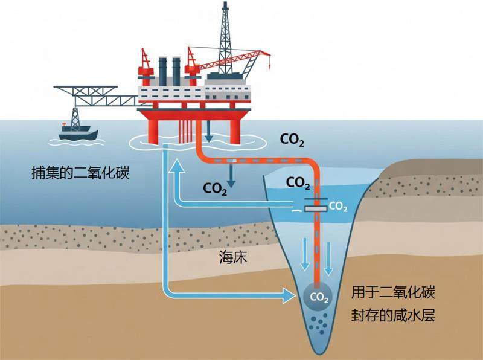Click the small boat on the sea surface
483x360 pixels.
point(75,130)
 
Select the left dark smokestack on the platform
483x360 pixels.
point(163,71)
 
